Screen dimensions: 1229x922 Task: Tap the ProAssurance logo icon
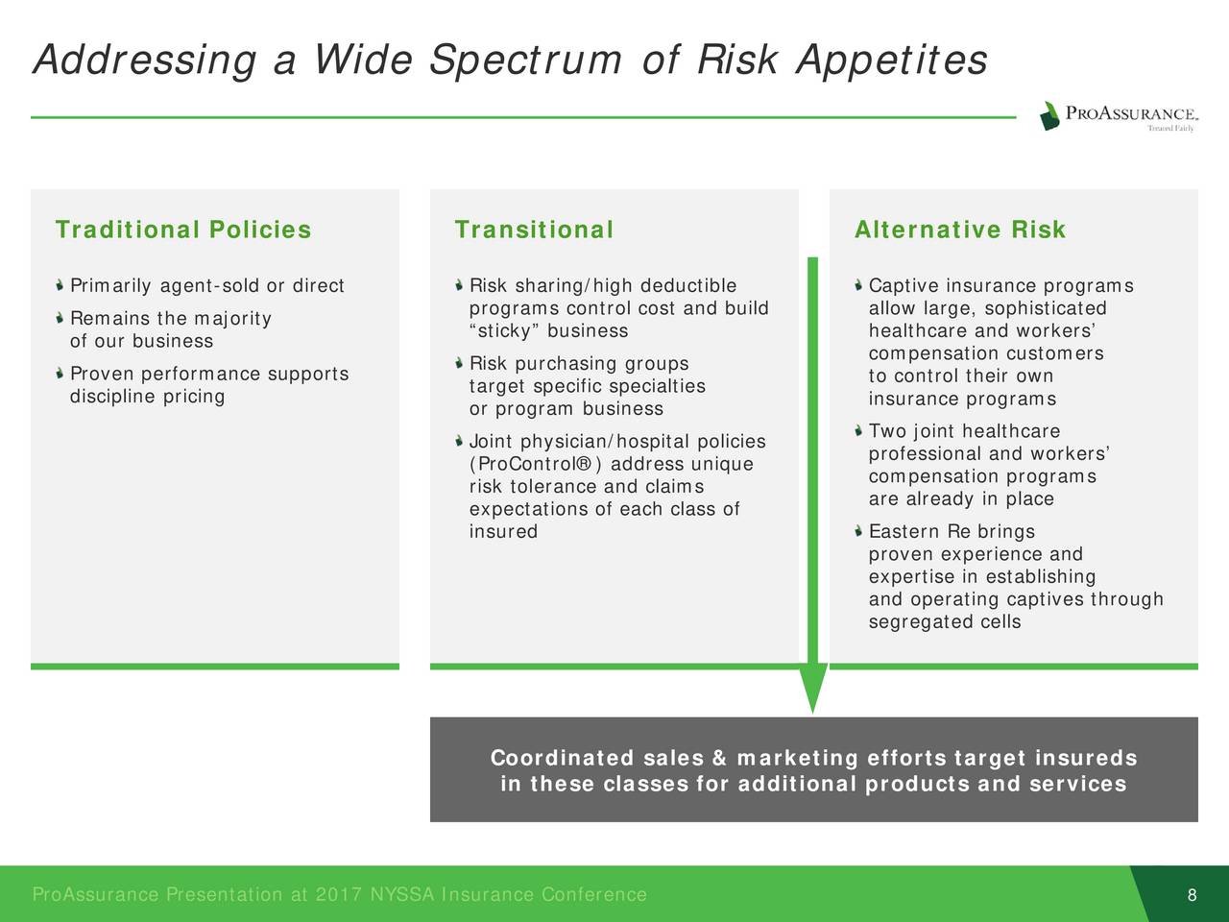pos(1049,116)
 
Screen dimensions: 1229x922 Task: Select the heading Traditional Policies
pos(183,230)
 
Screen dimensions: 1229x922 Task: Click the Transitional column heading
pos(534,230)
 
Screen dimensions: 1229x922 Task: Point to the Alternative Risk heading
pos(960,230)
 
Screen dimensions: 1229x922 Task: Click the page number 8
pos(1193,894)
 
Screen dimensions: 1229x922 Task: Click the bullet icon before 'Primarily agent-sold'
pos(60,285)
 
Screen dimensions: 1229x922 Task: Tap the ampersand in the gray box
pos(720,758)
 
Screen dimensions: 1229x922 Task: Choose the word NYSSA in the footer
pos(402,894)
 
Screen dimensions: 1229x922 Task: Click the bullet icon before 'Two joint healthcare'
pos(858,431)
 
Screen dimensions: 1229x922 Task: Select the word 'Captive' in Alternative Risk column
pos(904,286)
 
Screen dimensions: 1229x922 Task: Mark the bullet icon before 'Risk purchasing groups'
pos(459,364)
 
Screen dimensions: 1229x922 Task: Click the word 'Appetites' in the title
pos(892,60)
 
